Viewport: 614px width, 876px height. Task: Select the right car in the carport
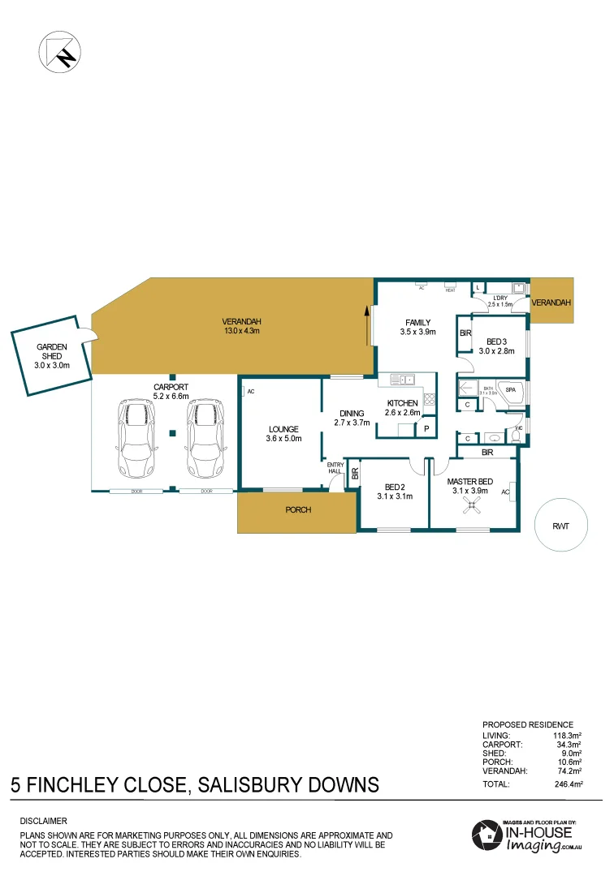pyautogui.click(x=205, y=437)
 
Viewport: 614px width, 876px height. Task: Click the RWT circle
pyautogui.click(x=560, y=526)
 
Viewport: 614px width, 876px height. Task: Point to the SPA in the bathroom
pyautogui.click(x=510, y=390)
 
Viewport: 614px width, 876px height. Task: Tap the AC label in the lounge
pyautogui.click(x=250, y=392)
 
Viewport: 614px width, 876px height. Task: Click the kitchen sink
pyautogui.click(x=401, y=379)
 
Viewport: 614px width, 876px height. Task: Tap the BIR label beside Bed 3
pyautogui.click(x=465, y=333)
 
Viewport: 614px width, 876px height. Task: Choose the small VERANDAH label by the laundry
pyautogui.click(x=551, y=302)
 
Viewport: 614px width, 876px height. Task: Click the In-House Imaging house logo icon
pyautogui.click(x=487, y=835)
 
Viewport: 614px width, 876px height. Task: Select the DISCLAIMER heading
pyautogui.click(x=43, y=821)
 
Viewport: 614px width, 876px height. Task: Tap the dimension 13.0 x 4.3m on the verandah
pyautogui.click(x=241, y=330)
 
